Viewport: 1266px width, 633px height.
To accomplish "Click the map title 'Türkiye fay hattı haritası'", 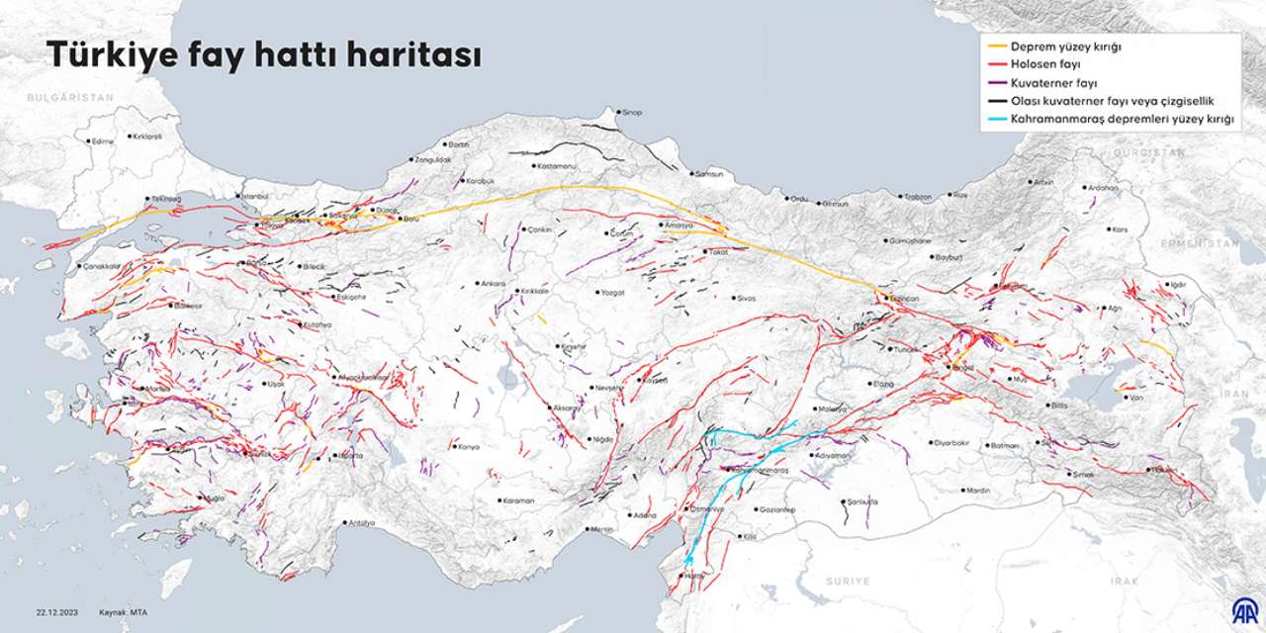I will [x=264, y=55].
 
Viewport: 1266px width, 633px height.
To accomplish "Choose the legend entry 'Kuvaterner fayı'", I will [x=1053, y=83].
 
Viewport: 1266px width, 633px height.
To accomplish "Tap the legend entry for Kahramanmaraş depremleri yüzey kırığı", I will [x=1123, y=120].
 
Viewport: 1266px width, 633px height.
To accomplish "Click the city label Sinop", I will [x=630, y=113].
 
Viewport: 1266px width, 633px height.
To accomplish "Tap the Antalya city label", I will [x=360, y=523].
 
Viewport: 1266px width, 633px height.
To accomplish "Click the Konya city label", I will [x=467, y=447].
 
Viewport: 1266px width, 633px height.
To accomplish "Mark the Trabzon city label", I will [x=916, y=197].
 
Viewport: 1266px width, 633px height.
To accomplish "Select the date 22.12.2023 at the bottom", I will [x=58, y=612].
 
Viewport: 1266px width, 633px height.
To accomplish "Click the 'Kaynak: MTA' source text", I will [x=124, y=612].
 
